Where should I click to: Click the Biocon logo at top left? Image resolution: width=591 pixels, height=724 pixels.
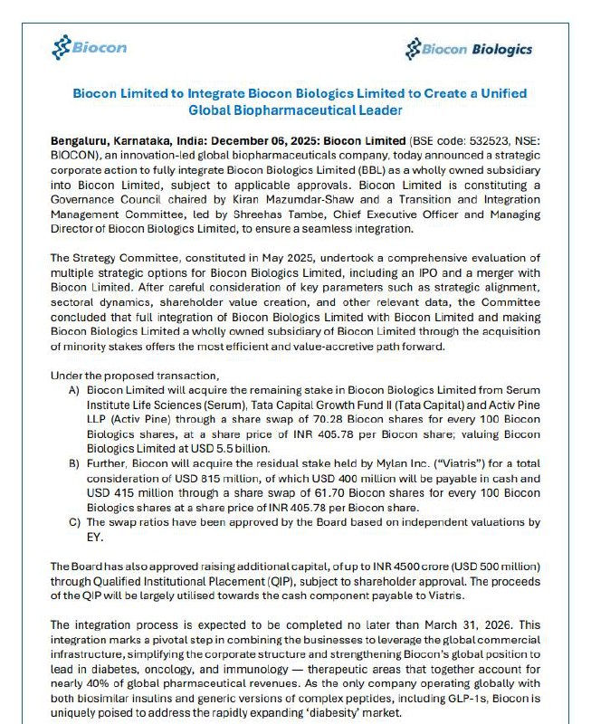90,46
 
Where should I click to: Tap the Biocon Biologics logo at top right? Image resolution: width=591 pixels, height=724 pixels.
469,48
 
